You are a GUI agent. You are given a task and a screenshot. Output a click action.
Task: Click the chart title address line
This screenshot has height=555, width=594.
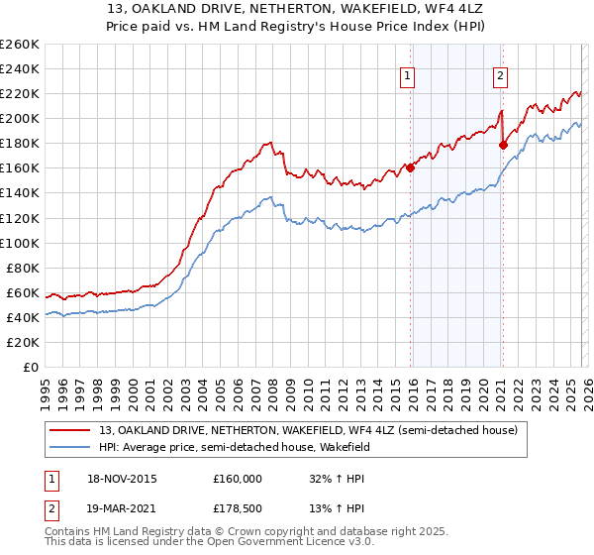pos(297,9)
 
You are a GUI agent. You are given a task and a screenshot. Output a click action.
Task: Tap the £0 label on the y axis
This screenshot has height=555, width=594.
pos(32,367)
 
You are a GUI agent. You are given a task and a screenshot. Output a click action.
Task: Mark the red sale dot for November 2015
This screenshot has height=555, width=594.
pos(410,167)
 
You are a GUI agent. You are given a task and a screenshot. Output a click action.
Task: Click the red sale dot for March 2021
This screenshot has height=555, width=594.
pos(503,145)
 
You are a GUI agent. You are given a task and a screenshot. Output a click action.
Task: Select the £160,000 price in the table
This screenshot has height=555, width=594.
pos(238,479)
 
